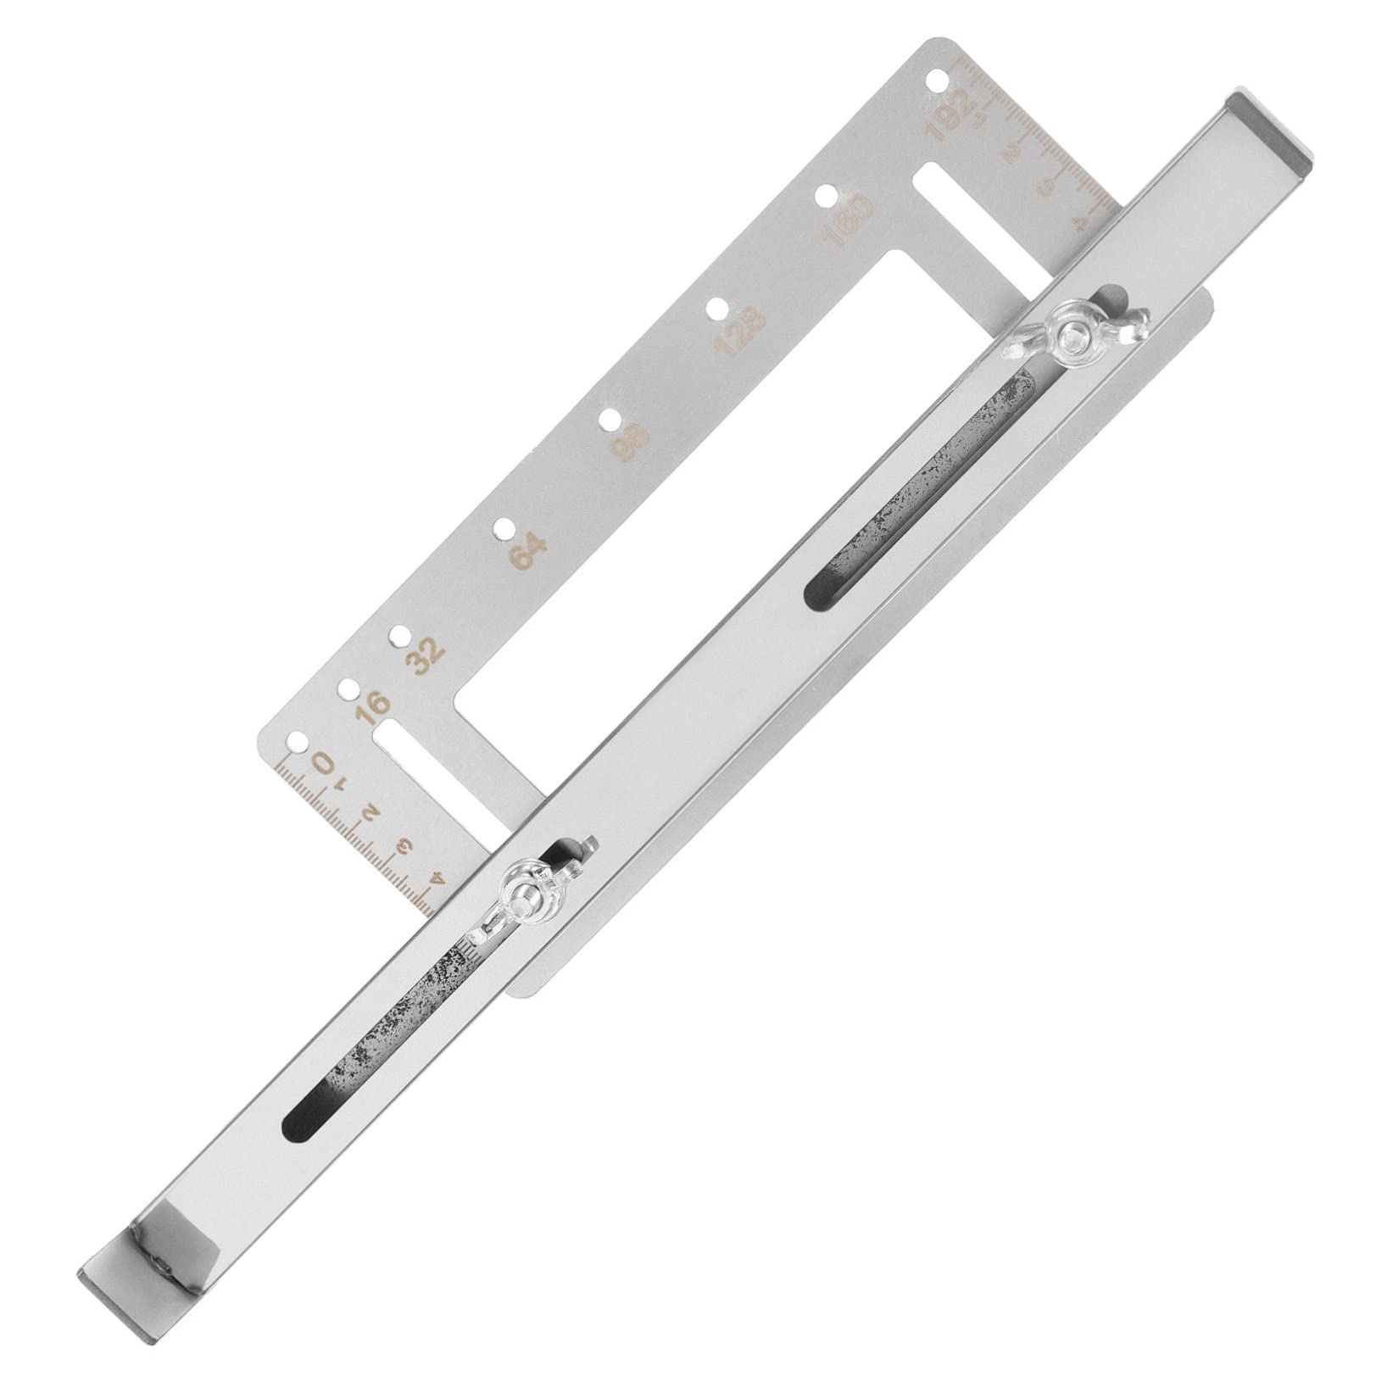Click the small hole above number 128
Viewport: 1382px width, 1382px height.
(x=717, y=309)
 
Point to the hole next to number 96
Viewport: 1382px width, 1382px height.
(x=609, y=419)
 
